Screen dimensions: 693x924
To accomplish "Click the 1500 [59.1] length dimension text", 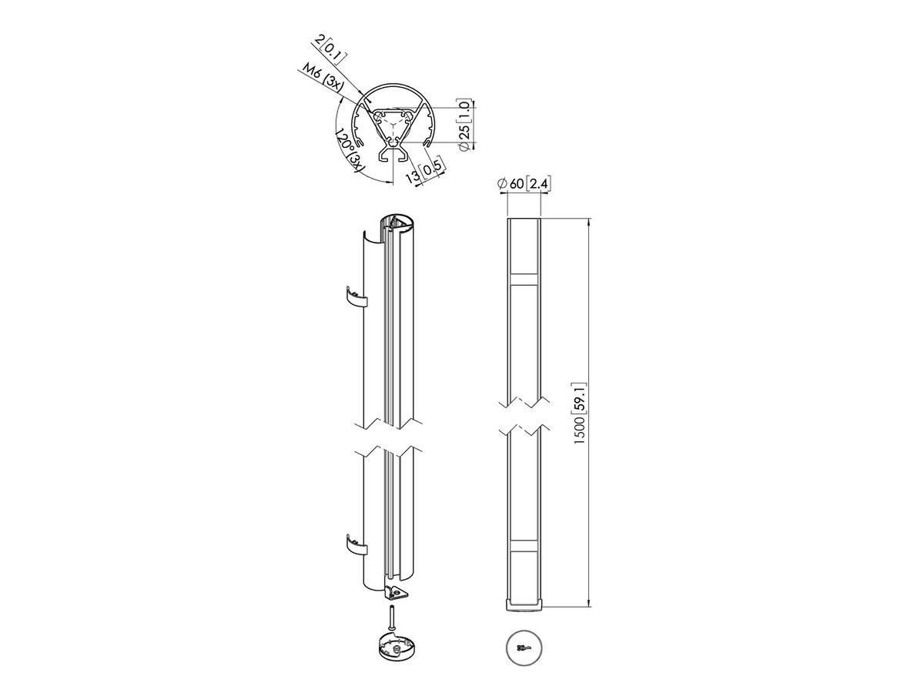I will [x=583, y=413].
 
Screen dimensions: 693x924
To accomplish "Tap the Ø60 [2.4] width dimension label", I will [x=523, y=183].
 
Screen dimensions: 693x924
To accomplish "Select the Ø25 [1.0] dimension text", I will [x=463, y=123].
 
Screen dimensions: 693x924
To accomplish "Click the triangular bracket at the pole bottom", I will [x=397, y=593].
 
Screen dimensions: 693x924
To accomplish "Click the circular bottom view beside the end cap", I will [x=524, y=648].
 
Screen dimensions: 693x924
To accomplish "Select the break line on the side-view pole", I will [x=524, y=416].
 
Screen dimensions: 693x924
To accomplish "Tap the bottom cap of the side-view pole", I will [x=524, y=605].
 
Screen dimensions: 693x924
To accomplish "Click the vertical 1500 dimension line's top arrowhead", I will [x=590, y=222].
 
